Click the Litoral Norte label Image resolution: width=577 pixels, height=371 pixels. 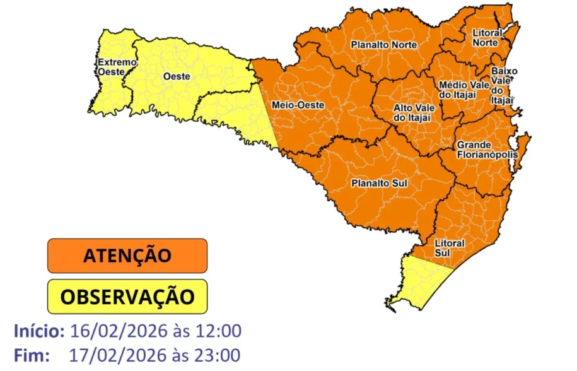pos(487,37)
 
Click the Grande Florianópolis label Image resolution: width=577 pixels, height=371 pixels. pos(487,150)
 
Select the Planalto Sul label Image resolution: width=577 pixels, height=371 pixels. pos(379,184)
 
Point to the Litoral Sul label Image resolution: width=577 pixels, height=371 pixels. pos(450,247)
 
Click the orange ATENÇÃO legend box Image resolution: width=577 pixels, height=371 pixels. pos(127,256)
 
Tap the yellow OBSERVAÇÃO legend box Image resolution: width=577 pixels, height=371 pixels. pos(127,296)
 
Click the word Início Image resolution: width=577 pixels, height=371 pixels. pos(38,331)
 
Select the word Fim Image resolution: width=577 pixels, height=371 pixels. pos(31,355)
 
